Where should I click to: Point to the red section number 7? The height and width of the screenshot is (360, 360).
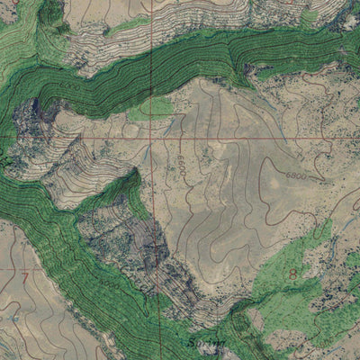click(x=25, y=275)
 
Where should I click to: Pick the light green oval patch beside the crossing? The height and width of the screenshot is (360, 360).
click(x=151, y=109)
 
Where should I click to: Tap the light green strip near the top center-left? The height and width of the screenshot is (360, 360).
click(x=126, y=27)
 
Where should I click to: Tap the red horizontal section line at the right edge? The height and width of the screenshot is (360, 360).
click(x=353, y=138)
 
